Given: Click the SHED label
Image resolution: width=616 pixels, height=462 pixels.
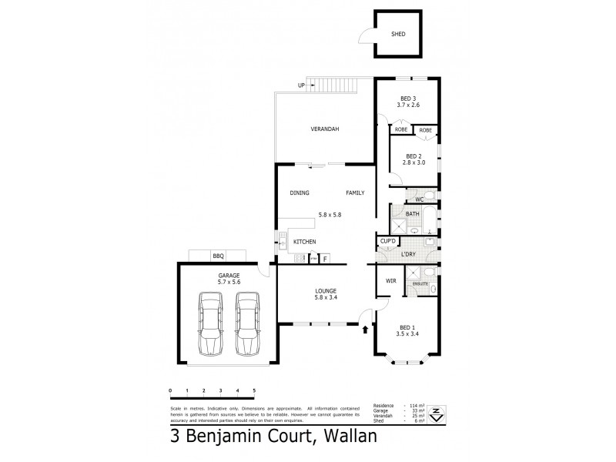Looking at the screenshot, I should click(397, 35).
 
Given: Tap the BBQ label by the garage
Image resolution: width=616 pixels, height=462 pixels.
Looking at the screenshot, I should click(219, 256).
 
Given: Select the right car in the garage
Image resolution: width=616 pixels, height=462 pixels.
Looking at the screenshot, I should click(247, 323).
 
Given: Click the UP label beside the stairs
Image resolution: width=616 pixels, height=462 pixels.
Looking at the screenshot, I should click(301, 85).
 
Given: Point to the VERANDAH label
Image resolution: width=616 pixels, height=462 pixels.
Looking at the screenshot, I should click(325, 129).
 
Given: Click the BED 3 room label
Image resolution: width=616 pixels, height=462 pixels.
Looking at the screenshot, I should click(408, 98).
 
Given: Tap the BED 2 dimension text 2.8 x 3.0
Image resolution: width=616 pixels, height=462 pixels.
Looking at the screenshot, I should click(413, 162).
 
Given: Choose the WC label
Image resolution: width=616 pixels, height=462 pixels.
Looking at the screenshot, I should click(420, 200).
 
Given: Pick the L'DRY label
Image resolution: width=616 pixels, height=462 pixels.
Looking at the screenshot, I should click(409, 253).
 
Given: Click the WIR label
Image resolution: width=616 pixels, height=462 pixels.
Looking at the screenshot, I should click(390, 281).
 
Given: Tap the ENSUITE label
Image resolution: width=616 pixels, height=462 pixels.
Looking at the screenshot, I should click(420, 284).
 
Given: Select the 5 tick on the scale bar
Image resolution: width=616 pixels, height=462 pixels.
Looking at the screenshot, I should click(254, 391).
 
